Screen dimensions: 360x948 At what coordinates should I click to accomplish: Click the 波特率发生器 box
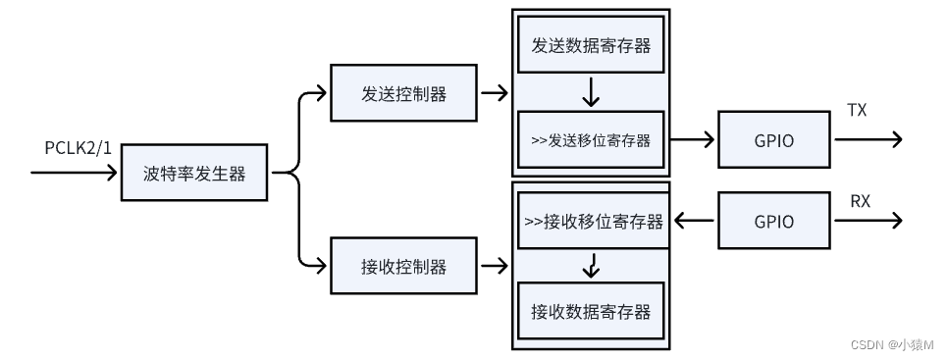[x=193, y=174]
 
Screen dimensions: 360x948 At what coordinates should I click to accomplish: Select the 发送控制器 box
[x=403, y=94]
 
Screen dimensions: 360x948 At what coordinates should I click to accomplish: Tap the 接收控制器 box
[x=403, y=266]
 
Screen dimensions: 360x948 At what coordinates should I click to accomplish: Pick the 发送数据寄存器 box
[x=591, y=45]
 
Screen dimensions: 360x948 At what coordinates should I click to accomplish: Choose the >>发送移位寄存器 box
[x=591, y=140]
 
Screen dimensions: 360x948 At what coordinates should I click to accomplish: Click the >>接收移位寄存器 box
[x=591, y=221]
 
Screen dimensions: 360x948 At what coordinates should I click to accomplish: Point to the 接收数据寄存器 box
[x=591, y=312]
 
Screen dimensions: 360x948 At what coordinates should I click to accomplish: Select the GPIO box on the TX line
[x=774, y=140]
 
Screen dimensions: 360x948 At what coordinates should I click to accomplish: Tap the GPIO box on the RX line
[x=774, y=221]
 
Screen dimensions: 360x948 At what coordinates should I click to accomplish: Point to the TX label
[x=857, y=111]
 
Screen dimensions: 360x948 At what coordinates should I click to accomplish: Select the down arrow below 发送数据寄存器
[x=591, y=94]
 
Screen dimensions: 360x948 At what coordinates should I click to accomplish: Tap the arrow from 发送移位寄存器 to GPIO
[x=693, y=140]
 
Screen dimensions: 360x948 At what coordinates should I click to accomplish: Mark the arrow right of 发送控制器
[x=494, y=94]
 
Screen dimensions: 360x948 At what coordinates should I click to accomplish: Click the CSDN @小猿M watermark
[x=891, y=345]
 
